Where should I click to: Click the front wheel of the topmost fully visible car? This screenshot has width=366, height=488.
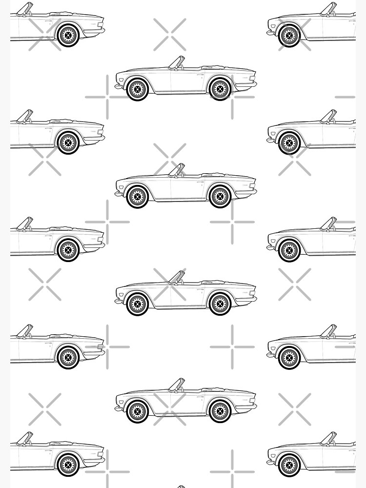(137, 89)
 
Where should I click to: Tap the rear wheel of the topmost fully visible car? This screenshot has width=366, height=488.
(220, 89)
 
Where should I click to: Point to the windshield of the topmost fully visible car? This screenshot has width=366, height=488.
(177, 62)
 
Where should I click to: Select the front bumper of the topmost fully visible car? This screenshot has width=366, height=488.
(118, 86)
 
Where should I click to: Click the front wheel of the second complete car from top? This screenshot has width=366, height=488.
(137, 197)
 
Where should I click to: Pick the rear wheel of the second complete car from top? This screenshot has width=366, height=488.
(220, 197)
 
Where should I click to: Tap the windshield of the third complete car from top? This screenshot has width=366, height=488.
(177, 277)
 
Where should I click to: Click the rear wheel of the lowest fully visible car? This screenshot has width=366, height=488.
(220, 411)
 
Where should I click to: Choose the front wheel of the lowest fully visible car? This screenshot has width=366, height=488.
(137, 411)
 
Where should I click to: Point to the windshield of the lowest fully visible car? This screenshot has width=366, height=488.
(177, 385)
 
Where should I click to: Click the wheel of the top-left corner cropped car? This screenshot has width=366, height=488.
(67, 35)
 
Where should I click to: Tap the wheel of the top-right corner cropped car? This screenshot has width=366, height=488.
(290, 35)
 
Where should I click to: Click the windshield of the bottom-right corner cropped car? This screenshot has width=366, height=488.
(329, 437)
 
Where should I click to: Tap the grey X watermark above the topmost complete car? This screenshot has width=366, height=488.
(169, 35)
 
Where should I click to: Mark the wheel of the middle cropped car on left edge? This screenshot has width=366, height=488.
(67, 249)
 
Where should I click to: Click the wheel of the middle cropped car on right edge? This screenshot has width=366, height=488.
(290, 249)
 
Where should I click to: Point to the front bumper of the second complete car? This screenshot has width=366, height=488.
(118, 194)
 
